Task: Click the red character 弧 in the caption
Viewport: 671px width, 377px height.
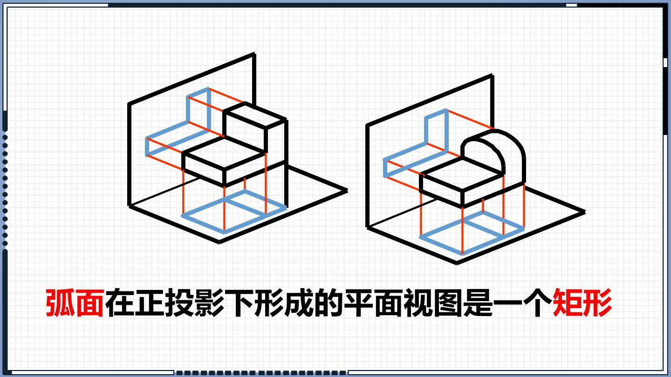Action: click(x=60, y=303)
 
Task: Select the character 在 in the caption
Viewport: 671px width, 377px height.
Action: click(x=119, y=303)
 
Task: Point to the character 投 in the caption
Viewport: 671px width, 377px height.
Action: click(x=179, y=303)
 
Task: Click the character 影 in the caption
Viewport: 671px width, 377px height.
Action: click(x=209, y=303)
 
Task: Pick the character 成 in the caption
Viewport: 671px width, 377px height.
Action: click(x=299, y=303)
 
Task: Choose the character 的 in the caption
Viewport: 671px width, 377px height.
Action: click(x=329, y=303)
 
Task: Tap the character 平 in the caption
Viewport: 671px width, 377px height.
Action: click(x=358, y=303)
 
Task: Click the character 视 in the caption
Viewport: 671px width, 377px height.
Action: click(x=418, y=303)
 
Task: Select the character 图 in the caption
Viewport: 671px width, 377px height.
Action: click(x=448, y=303)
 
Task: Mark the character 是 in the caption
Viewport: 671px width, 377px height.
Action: click(x=478, y=303)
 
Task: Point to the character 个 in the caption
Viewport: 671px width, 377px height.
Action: click(x=537, y=303)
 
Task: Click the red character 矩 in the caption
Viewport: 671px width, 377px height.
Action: click(x=567, y=303)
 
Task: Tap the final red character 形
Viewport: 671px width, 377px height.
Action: click(x=597, y=303)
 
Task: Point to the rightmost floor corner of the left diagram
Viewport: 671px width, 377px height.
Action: click(x=347, y=190)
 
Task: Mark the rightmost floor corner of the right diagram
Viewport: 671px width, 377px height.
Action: click(x=584, y=212)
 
